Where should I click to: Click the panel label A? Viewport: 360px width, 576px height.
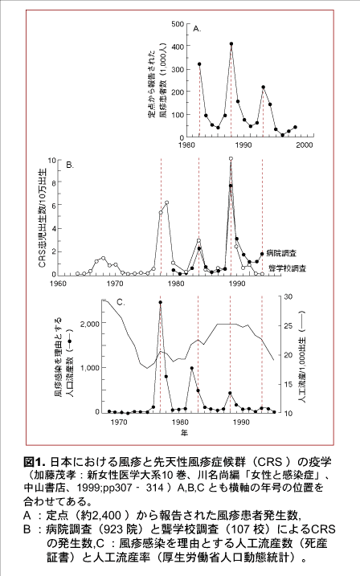tap(197, 28)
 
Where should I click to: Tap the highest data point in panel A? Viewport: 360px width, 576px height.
tap(231, 43)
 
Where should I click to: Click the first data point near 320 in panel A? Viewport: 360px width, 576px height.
tap(200, 64)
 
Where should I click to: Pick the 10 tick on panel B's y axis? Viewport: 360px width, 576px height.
tap(51, 160)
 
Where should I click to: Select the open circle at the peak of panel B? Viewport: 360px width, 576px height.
tap(231, 159)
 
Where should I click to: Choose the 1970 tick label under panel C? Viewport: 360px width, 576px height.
tap(118, 421)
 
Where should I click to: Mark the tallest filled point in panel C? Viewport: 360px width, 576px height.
tap(160, 303)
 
